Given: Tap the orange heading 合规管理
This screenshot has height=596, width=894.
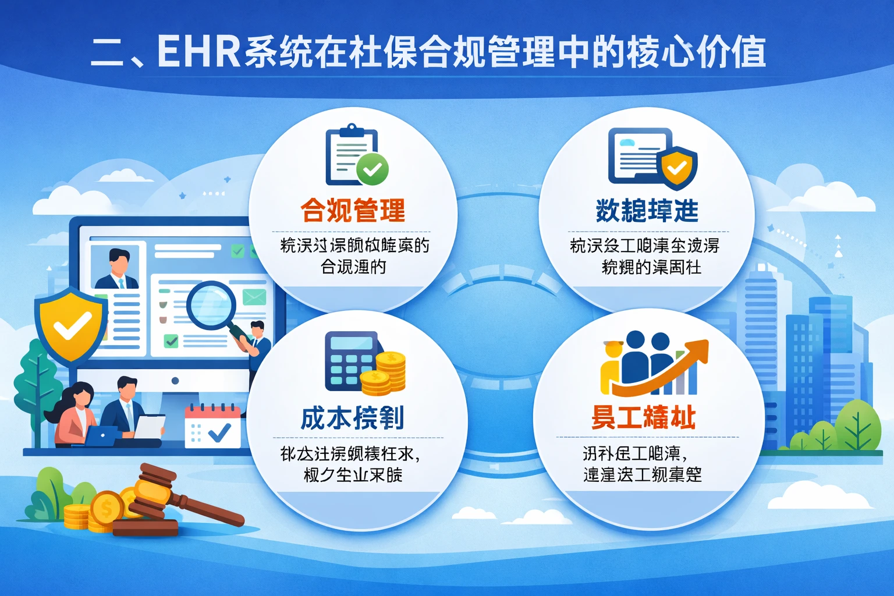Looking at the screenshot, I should [353, 210].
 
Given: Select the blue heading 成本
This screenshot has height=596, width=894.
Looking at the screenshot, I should [326, 418].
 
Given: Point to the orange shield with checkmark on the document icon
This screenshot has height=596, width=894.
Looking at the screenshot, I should [677, 168].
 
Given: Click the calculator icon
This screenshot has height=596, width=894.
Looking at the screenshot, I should [350, 361].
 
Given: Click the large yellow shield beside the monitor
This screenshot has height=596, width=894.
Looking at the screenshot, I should [71, 325].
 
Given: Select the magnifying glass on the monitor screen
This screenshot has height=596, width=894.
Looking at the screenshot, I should [212, 306].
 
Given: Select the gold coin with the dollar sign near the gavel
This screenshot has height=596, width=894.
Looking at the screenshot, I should [107, 509].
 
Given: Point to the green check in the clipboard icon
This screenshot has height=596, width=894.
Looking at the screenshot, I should [372, 169].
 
